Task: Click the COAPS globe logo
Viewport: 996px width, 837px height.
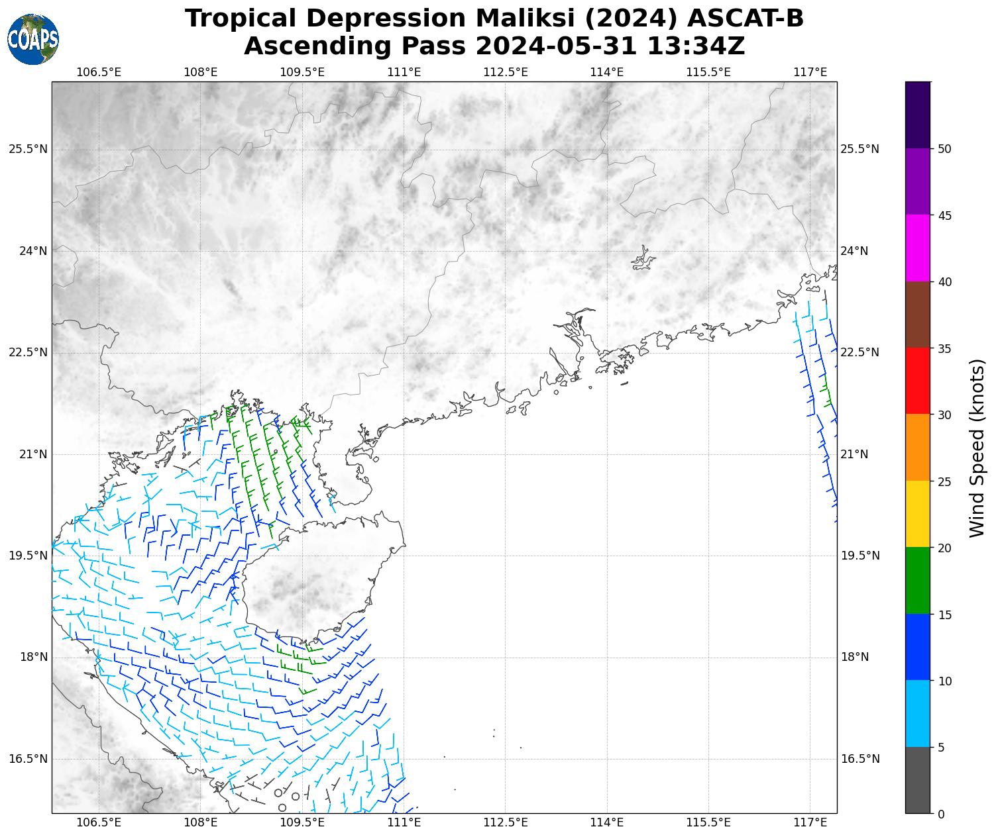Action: [x=33, y=40]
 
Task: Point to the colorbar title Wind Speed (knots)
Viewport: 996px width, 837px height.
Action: [x=977, y=448]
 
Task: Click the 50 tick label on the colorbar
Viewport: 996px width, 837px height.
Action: [x=945, y=149]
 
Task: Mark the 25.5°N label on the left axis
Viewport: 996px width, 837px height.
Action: [x=28, y=149]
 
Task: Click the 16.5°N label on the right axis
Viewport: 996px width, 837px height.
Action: [x=860, y=759]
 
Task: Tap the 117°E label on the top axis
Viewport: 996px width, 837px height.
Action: [x=810, y=72]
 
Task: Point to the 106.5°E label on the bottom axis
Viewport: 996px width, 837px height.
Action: [x=99, y=822]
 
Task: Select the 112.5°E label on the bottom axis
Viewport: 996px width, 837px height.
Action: [x=506, y=822]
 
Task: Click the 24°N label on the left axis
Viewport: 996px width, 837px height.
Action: [x=32, y=251]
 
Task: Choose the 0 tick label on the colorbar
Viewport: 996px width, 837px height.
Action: [x=942, y=814]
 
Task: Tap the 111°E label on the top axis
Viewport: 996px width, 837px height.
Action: [x=404, y=72]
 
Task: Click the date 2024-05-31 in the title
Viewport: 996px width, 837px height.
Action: [x=557, y=46]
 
